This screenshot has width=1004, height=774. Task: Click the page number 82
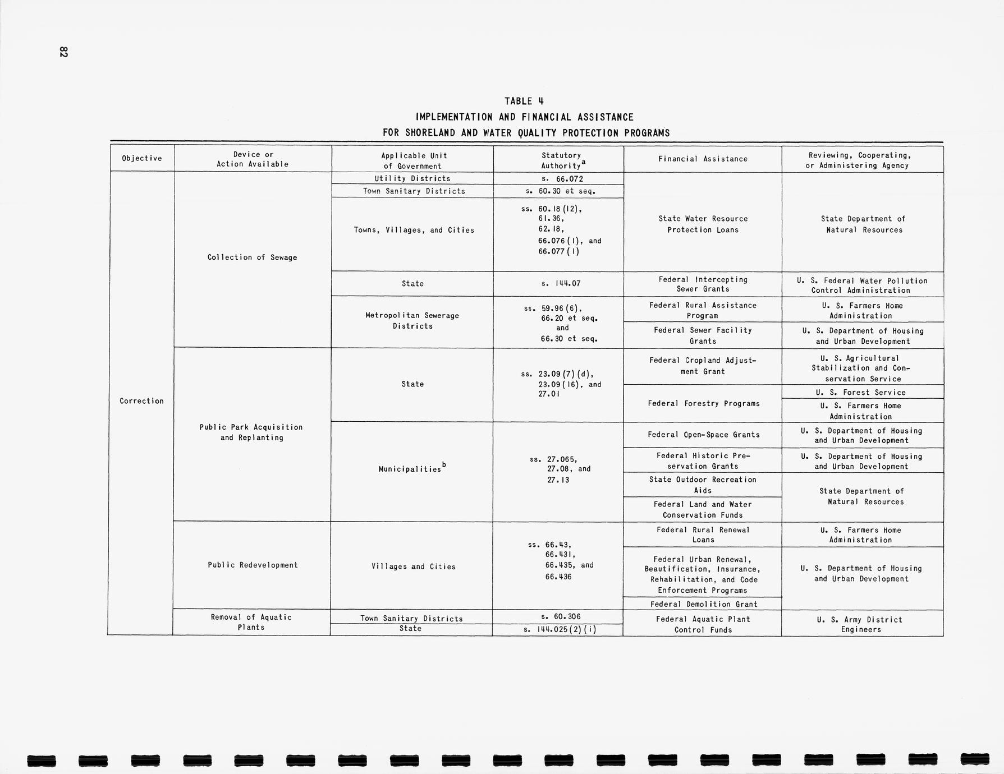63,52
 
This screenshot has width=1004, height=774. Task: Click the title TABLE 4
524,101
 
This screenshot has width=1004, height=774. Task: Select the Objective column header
141,158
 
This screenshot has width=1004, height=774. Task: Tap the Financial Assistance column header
703,159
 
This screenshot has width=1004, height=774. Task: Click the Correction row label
141,401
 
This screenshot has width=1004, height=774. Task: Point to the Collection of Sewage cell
252,257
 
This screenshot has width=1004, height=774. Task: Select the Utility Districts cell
412,178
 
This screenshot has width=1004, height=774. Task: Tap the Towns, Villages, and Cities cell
414,230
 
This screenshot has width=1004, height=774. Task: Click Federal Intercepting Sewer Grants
703,284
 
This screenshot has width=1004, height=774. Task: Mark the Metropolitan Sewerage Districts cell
412,321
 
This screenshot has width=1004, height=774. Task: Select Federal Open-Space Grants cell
703,435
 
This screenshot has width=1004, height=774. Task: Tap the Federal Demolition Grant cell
703,604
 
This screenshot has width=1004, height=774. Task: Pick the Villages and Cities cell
413,566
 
